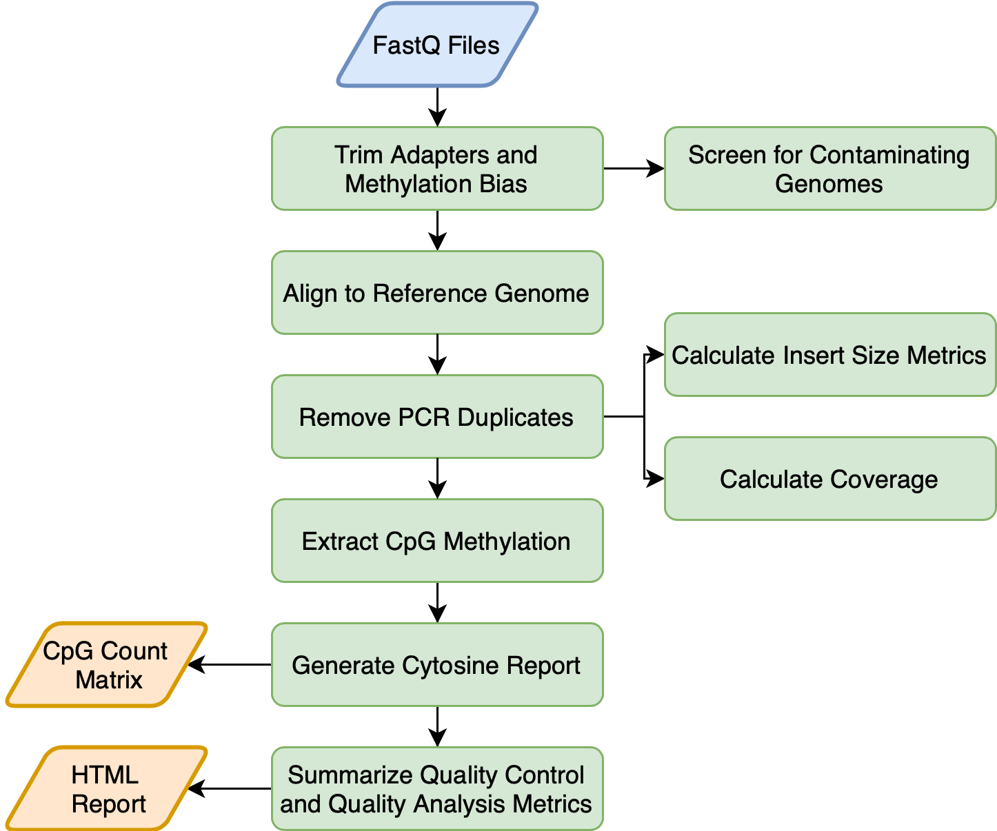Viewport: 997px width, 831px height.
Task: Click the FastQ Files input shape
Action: (437, 45)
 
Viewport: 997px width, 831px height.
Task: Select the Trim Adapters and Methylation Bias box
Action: (437, 169)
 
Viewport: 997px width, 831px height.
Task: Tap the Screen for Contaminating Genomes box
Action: (829, 169)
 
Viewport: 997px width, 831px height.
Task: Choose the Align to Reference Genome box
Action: (437, 293)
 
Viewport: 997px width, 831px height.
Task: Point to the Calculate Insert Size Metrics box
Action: (829, 355)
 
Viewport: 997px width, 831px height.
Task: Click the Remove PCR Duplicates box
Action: (437, 417)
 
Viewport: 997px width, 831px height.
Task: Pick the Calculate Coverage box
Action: (829, 479)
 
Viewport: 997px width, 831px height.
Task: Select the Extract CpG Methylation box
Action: (437, 541)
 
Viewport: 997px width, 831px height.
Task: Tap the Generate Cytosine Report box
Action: (437, 665)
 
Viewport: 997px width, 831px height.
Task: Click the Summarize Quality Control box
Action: (437, 789)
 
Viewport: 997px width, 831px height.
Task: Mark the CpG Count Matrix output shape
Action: (107, 665)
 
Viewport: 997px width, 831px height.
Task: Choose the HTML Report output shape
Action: (107, 789)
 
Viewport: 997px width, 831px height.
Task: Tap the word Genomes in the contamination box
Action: (829, 184)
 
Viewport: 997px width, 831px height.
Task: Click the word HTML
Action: (105, 775)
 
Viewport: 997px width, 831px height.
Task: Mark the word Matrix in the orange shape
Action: (109, 680)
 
